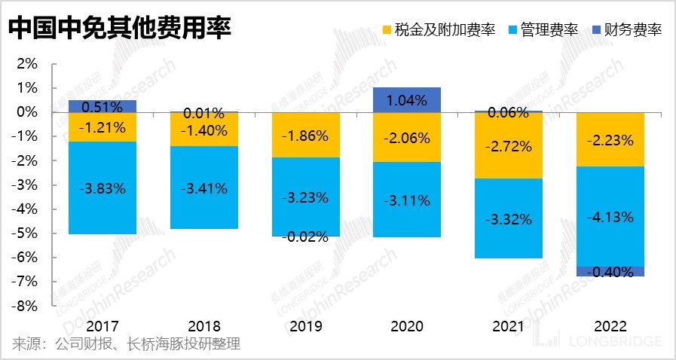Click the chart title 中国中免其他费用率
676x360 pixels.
pyautogui.click(x=119, y=29)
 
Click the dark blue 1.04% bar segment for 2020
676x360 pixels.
pyautogui.click(x=407, y=99)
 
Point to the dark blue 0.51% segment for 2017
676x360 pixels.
pyautogui.click(x=102, y=106)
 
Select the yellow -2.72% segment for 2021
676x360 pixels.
pyautogui.click(x=509, y=145)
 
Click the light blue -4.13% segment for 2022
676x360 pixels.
pyautogui.click(x=610, y=217)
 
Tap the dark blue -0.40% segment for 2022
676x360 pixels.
pyautogui.click(x=610, y=272)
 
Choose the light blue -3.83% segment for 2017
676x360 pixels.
pyautogui.click(x=102, y=188)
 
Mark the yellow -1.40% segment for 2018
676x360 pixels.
pyautogui.click(x=204, y=129)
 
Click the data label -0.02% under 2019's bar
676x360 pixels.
pyautogui.click(x=306, y=237)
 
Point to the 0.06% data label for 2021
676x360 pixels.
pyautogui.click(x=509, y=113)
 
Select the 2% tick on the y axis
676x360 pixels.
pyautogui.click(x=26, y=64)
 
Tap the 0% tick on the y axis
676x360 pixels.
pyautogui.click(x=26, y=112)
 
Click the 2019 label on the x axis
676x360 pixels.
pyautogui.click(x=306, y=327)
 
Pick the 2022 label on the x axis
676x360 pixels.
pyautogui.click(x=610, y=327)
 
